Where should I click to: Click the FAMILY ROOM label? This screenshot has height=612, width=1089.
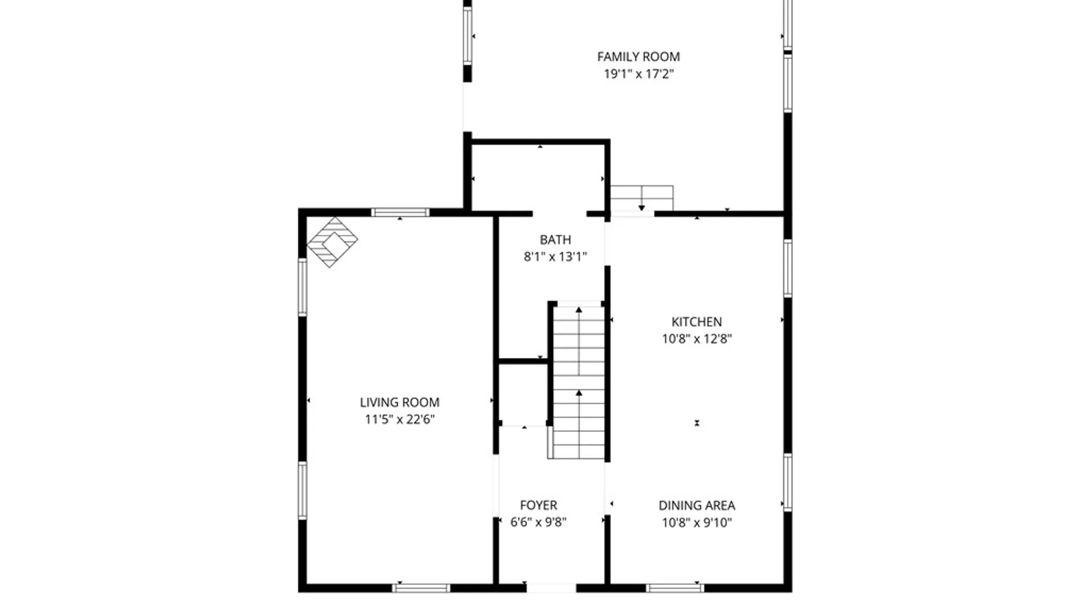(x=638, y=57)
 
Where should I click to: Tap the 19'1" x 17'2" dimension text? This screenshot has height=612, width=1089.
(x=638, y=74)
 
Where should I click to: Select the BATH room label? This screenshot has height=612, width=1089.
(x=555, y=240)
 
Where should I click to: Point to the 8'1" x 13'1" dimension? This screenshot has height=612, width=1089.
(x=555, y=257)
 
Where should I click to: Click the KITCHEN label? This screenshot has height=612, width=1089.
(x=697, y=322)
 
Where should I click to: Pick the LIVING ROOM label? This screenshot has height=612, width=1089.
(x=399, y=402)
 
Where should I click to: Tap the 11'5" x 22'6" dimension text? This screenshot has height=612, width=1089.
(x=399, y=419)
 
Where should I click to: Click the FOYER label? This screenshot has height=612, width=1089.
(x=538, y=505)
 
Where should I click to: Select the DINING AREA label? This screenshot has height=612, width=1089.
(x=697, y=505)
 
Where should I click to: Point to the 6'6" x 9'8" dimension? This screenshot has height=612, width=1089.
(x=538, y=522)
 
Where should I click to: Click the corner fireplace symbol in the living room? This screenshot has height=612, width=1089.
(x=332, y=242)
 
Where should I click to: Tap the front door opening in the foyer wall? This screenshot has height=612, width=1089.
(x=551, y=588)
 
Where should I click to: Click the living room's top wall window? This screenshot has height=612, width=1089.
(x=400, y=212)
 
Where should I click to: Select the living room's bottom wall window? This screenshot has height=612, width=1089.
(x=421, y=588)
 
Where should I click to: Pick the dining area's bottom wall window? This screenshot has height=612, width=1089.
(x=675, y=588)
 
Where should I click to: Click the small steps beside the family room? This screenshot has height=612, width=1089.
(x=641, y=198)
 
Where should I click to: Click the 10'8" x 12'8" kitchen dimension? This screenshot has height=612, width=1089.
(x=697, y=339)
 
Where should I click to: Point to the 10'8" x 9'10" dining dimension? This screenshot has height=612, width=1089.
(x=697, y=522)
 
